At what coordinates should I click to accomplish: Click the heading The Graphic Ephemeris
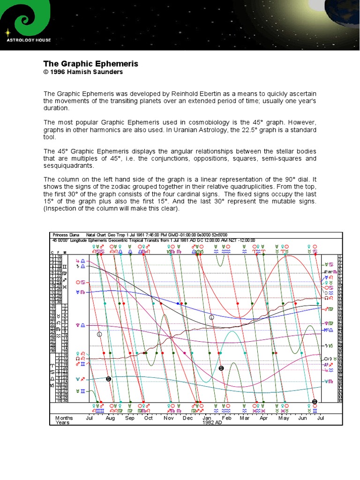[90, 64]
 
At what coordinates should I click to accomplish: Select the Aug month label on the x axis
[110, 418]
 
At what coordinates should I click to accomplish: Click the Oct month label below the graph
[148, 418]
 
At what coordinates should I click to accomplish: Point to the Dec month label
[187, 418]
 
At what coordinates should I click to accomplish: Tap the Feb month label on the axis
[226, 418]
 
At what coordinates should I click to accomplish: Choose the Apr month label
[263, 418]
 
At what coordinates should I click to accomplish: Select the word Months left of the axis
[64, 418]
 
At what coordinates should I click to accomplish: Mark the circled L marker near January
[211, 317]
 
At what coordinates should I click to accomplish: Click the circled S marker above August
[108, 378]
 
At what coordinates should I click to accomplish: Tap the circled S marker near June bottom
[315, 401]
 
